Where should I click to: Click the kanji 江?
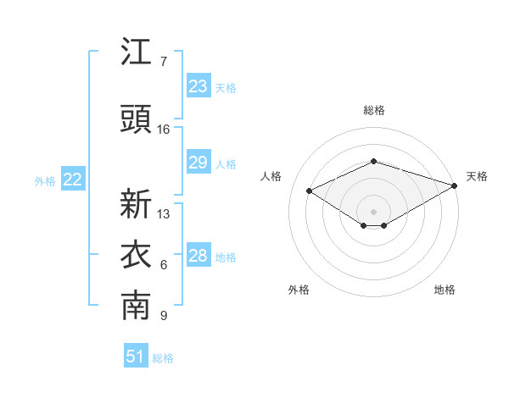click(136, 51)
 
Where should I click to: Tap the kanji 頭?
click(136, 119)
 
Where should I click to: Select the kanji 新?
click(136, 203)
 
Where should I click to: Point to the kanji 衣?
click(136, 254)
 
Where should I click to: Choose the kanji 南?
click(136, 306)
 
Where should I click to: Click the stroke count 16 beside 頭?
click(163, 130)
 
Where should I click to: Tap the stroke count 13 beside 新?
click(163, 214)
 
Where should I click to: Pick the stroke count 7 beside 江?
click(164, 62)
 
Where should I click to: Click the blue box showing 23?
click(199, 86)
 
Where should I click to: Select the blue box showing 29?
click(199, 162)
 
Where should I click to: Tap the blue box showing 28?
click(199, 254)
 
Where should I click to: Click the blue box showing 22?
click(73, 179)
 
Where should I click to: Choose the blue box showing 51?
click(136, 355)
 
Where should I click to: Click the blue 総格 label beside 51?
click(163, 358)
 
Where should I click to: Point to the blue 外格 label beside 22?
click(45, 181)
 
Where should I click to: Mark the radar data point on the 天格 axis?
click(455, 185)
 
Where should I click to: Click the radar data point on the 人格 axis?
click(309, 191)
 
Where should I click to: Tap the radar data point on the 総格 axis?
click(373, 161)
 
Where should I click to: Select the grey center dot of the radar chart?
click(373, 212)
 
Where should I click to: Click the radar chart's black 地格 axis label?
click(445, 290)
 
